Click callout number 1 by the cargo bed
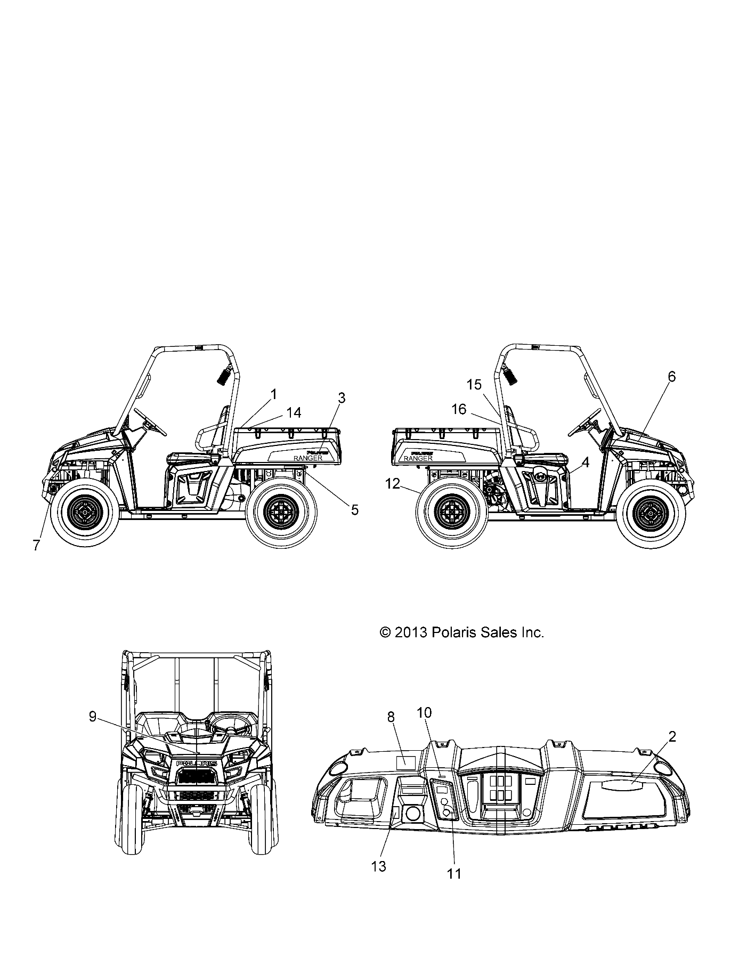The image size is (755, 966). point(274,395)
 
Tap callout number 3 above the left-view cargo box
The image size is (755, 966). point(342,398)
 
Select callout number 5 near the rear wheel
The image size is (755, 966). point(354,510)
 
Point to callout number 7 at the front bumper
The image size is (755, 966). point(36,545)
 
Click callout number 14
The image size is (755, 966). point(294,412)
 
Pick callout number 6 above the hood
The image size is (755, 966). point(671,377)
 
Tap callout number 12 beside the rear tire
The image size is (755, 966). point(392,484)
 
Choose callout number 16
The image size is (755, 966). point(459,409)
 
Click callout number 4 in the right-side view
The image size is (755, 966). point(585,462)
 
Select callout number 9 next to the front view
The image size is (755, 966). point(93,717)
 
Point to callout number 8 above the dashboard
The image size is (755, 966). point(391,717)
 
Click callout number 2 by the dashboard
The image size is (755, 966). point(672,737)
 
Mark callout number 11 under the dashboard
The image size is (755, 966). point(454,888)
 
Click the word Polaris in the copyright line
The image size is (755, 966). point(451,632)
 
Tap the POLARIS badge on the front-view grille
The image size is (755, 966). point(197,764)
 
